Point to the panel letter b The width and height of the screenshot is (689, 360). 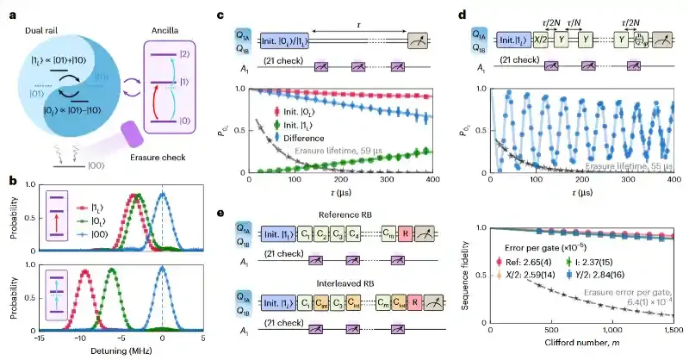pos(9,180)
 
